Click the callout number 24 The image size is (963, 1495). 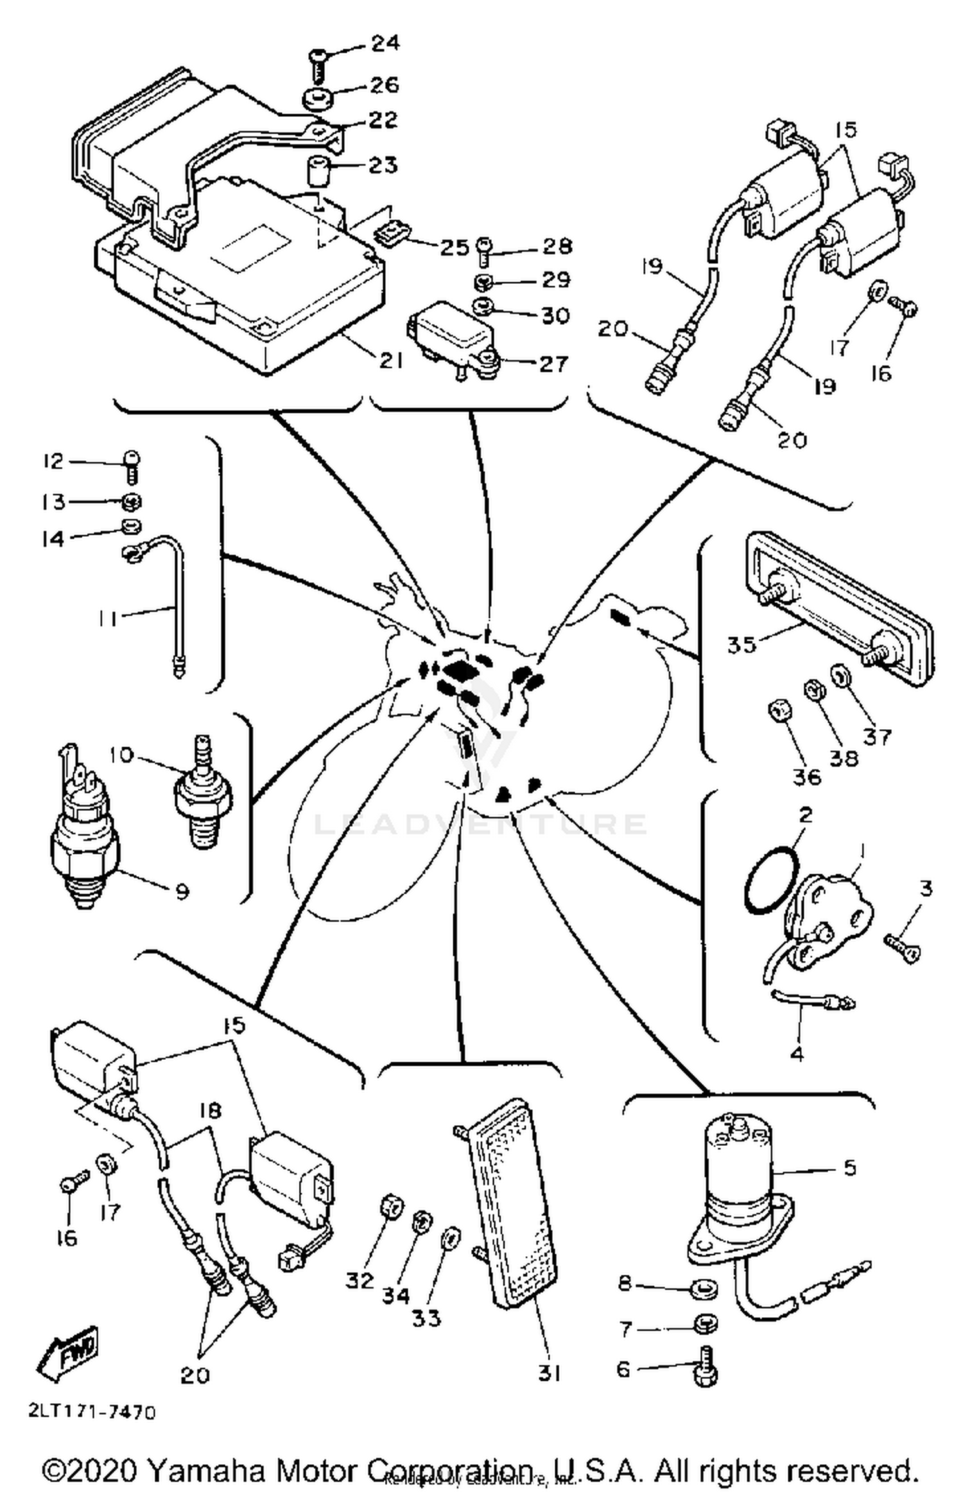click(x=385, y=43)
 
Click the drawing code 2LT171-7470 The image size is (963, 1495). click(x=92, y=1412)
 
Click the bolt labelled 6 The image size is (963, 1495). click(x=706, y=1369)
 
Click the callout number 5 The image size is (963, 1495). click(x=849, y=1167)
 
